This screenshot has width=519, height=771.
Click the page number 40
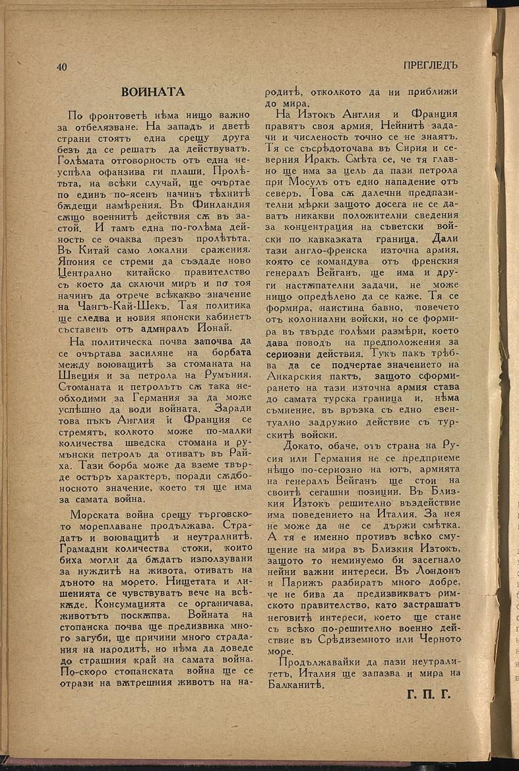[x=62, y=66]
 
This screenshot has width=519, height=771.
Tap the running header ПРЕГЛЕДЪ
[x=429, y=65]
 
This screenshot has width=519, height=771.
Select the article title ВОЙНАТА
[x=153, y=92]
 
